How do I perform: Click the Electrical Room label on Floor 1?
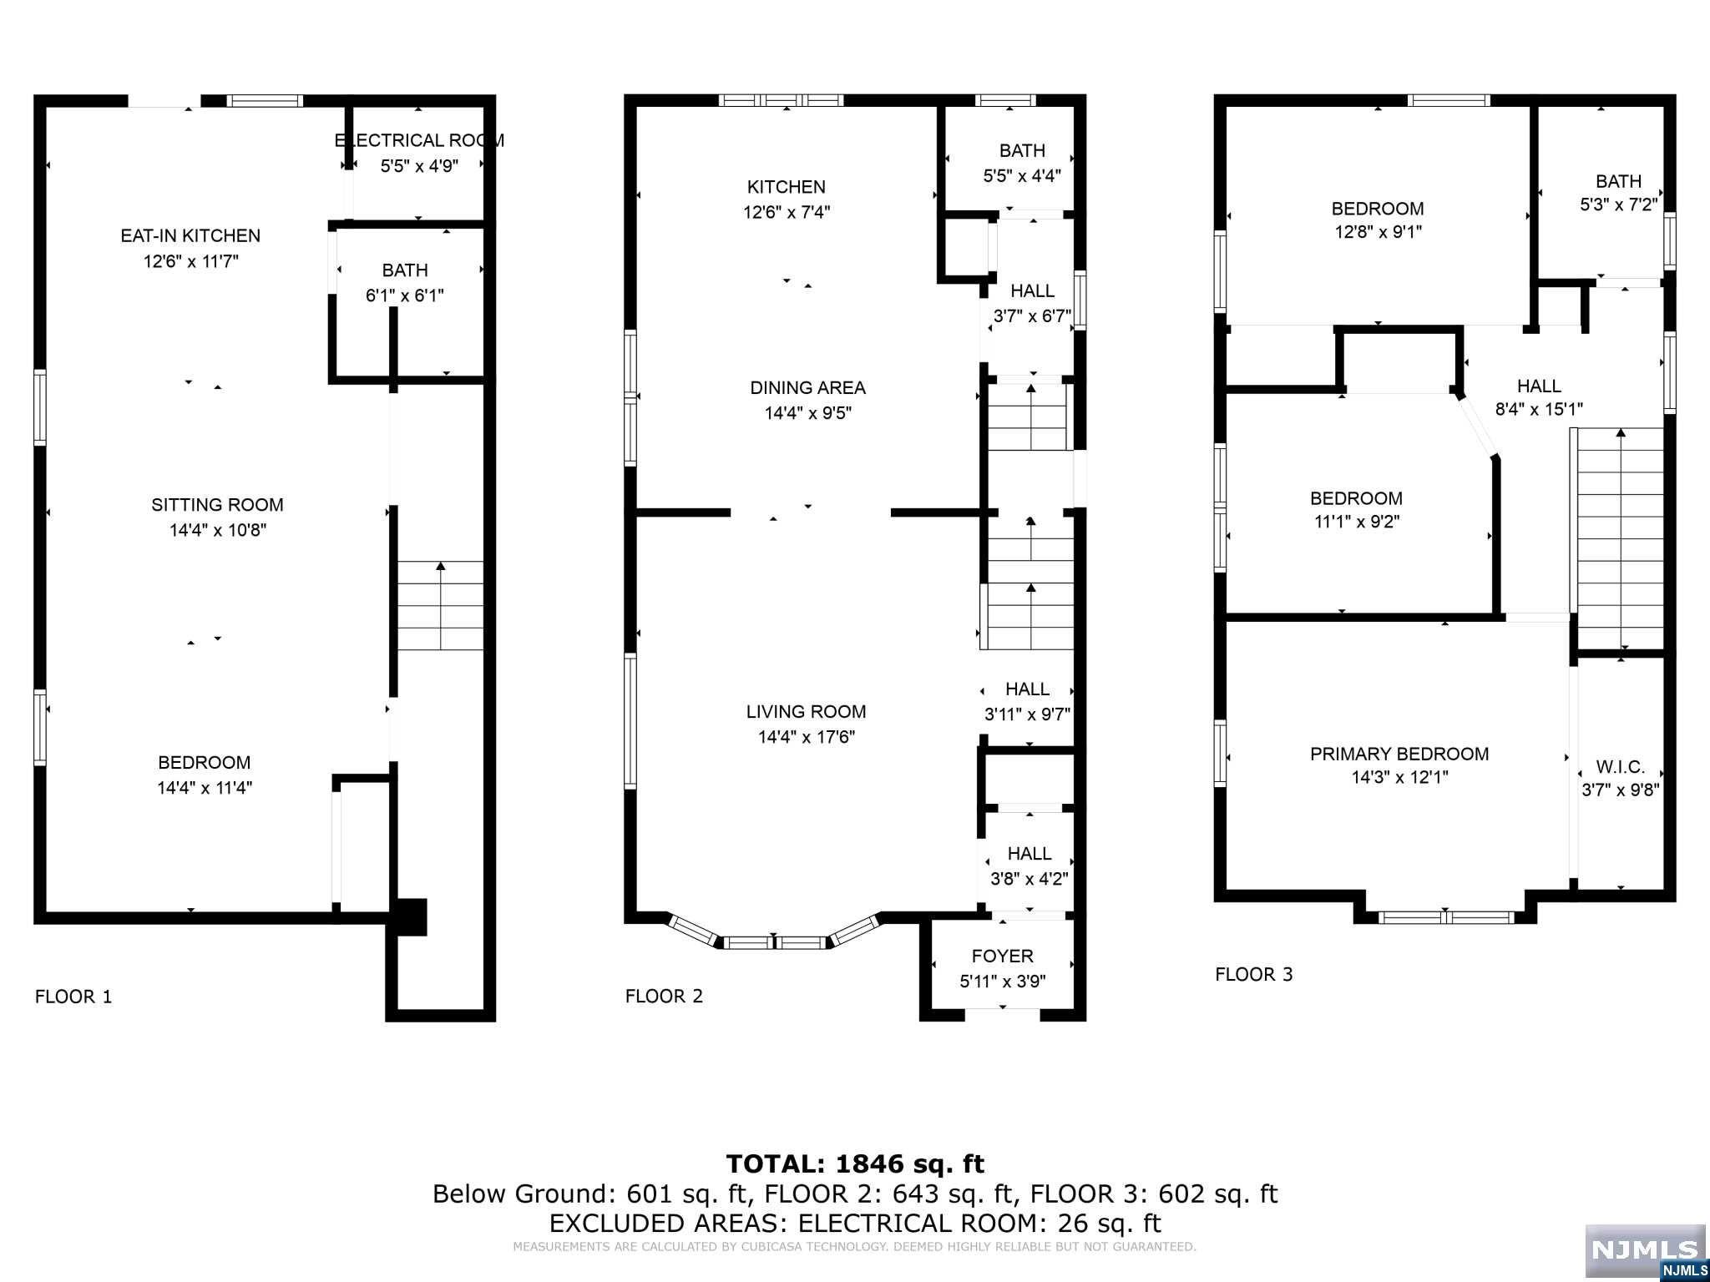tap(419, 140)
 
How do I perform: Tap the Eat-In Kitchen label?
tap(190, 235)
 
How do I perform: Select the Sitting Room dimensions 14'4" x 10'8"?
tap(218, 530)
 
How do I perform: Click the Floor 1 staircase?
tap(440, 605)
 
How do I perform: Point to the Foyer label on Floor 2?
tap(1002, 956)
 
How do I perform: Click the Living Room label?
tap(806, 712)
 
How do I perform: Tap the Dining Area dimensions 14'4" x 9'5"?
tap(807, 413)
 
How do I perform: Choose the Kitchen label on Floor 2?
tap(786, 187)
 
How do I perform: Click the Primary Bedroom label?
tap(1399, 754)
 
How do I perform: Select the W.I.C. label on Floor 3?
tap(1620, 766)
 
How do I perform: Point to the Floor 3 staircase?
tap(1620, 538)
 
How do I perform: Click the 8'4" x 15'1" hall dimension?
tap(1539, 410)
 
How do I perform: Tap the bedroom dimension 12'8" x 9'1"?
tap(1378, 232)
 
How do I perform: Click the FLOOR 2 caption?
tap(664, 996)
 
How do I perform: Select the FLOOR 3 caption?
tap(1253, 974)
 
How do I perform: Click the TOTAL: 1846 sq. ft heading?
tap(855, 1163)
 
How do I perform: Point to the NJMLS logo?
tap(1645, 1253)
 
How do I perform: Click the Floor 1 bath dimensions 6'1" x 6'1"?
tap(405, 295)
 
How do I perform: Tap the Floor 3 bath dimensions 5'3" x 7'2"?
tap(1618, 204)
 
